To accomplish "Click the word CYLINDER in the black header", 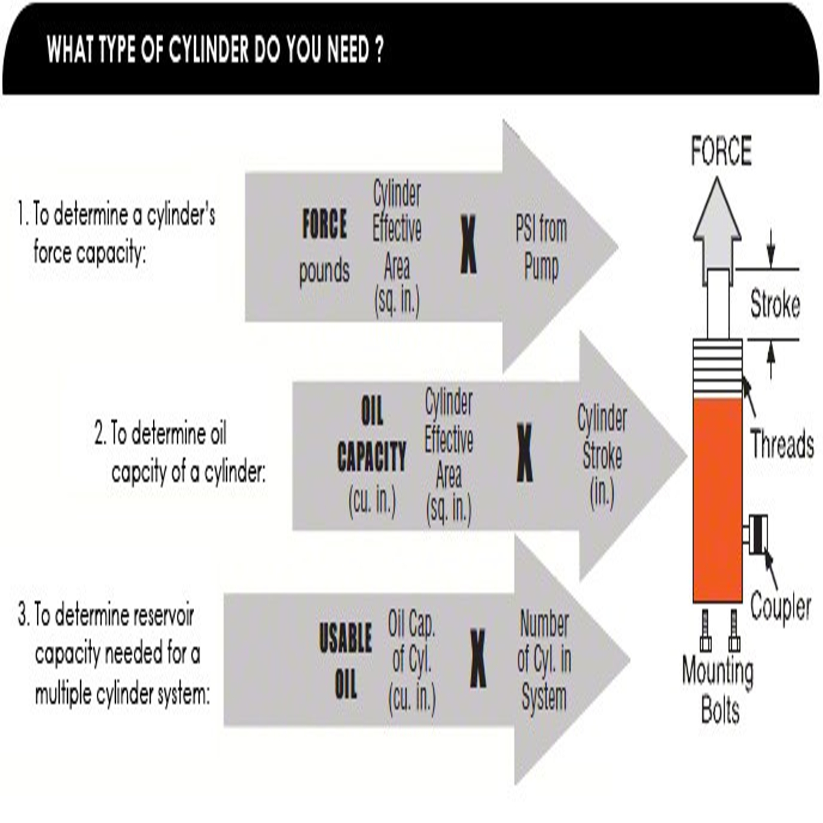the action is click(x=208, y=49).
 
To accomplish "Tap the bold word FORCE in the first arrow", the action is click(x=324, y=224).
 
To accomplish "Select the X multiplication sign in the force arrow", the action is click(x=468, y=244).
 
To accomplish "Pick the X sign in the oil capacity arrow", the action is click(x=525, y=452).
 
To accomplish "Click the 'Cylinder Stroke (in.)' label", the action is click(x=601, y=456).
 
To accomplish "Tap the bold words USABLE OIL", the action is click(x=345, y=660).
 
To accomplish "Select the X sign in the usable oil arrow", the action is click(x=477, y=658).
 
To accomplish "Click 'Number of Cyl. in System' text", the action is click(x=544, y=660).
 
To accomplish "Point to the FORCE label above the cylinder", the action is click(x=721, y=151).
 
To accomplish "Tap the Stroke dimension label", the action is click(x=775, y=305).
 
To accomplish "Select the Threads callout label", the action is click(x=782, y=444).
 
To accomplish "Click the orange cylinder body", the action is click(x=717, y=500).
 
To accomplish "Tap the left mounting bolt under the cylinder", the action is click(x=706, y=630).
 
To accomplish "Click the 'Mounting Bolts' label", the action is click(x=718, y=689).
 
